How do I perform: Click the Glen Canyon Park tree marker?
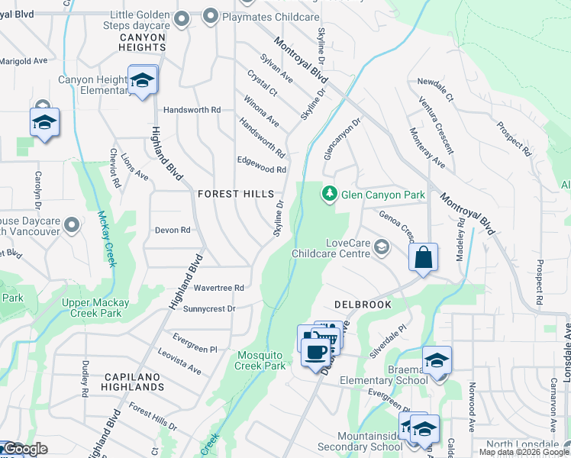(329, 195)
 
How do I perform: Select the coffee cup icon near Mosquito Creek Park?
(315, 352)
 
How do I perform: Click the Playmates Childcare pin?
(210, 16)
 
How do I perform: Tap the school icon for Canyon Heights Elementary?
(142, 80)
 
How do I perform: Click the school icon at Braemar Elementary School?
(437, 360)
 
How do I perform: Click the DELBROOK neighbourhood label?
(362, 305)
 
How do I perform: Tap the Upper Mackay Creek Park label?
(95, 308)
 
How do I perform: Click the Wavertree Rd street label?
(218, 289)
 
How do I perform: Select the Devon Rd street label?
(172, 230)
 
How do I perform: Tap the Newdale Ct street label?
(435, 89)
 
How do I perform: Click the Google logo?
(24, 450)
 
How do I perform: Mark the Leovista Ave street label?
(179, 361)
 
